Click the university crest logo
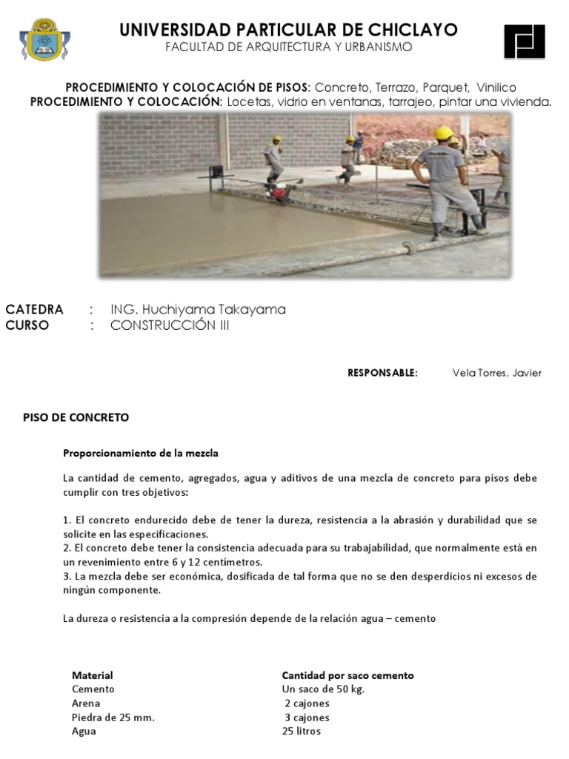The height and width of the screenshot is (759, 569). [44, 39]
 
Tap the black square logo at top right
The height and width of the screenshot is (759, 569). [524, 41]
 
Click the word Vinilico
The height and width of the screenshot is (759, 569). [496, 87]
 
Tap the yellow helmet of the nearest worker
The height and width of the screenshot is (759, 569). [443, 133]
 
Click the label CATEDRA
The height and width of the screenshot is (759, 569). [34, 309]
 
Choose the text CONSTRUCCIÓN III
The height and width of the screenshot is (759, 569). [170, 325]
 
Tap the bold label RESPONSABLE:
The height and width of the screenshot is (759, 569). [382, 373]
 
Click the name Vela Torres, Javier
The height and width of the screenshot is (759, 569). [496, 373]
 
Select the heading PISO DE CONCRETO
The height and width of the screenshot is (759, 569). [76, 417]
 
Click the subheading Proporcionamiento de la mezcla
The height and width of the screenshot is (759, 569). [140, 453]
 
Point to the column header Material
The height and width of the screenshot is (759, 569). [92, 675]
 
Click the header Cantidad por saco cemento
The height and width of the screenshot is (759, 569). [347, 675]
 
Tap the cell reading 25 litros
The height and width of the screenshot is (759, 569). [301, 731]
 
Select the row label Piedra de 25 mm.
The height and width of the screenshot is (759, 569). [113, 717]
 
